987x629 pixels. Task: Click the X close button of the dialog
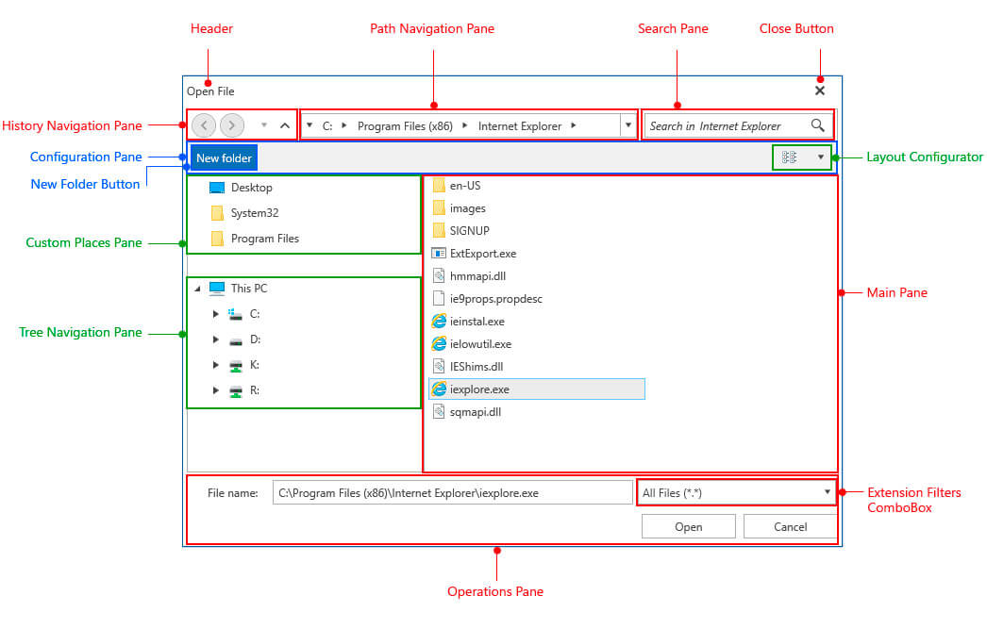(819, 91)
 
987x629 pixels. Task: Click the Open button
(688, 526)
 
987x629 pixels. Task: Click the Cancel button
(789, 526)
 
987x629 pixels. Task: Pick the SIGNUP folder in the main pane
(468, 231)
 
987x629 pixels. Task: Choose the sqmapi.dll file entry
(474, 411)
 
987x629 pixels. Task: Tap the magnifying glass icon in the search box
(817, 125)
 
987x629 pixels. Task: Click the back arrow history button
(204, 125)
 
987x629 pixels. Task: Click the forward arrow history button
(232, 125)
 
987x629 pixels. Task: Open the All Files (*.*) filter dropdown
(736, 492)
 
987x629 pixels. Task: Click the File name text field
(452, 492)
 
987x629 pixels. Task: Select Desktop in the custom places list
(250, 188)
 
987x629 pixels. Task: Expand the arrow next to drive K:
(216, 365)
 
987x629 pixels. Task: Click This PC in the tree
(248, 289)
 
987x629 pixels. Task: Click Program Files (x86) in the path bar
(405, 125)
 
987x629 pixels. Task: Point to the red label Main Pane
(896, 293)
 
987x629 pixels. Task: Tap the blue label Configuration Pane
(86, 157)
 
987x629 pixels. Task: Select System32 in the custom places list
(254, 213)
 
